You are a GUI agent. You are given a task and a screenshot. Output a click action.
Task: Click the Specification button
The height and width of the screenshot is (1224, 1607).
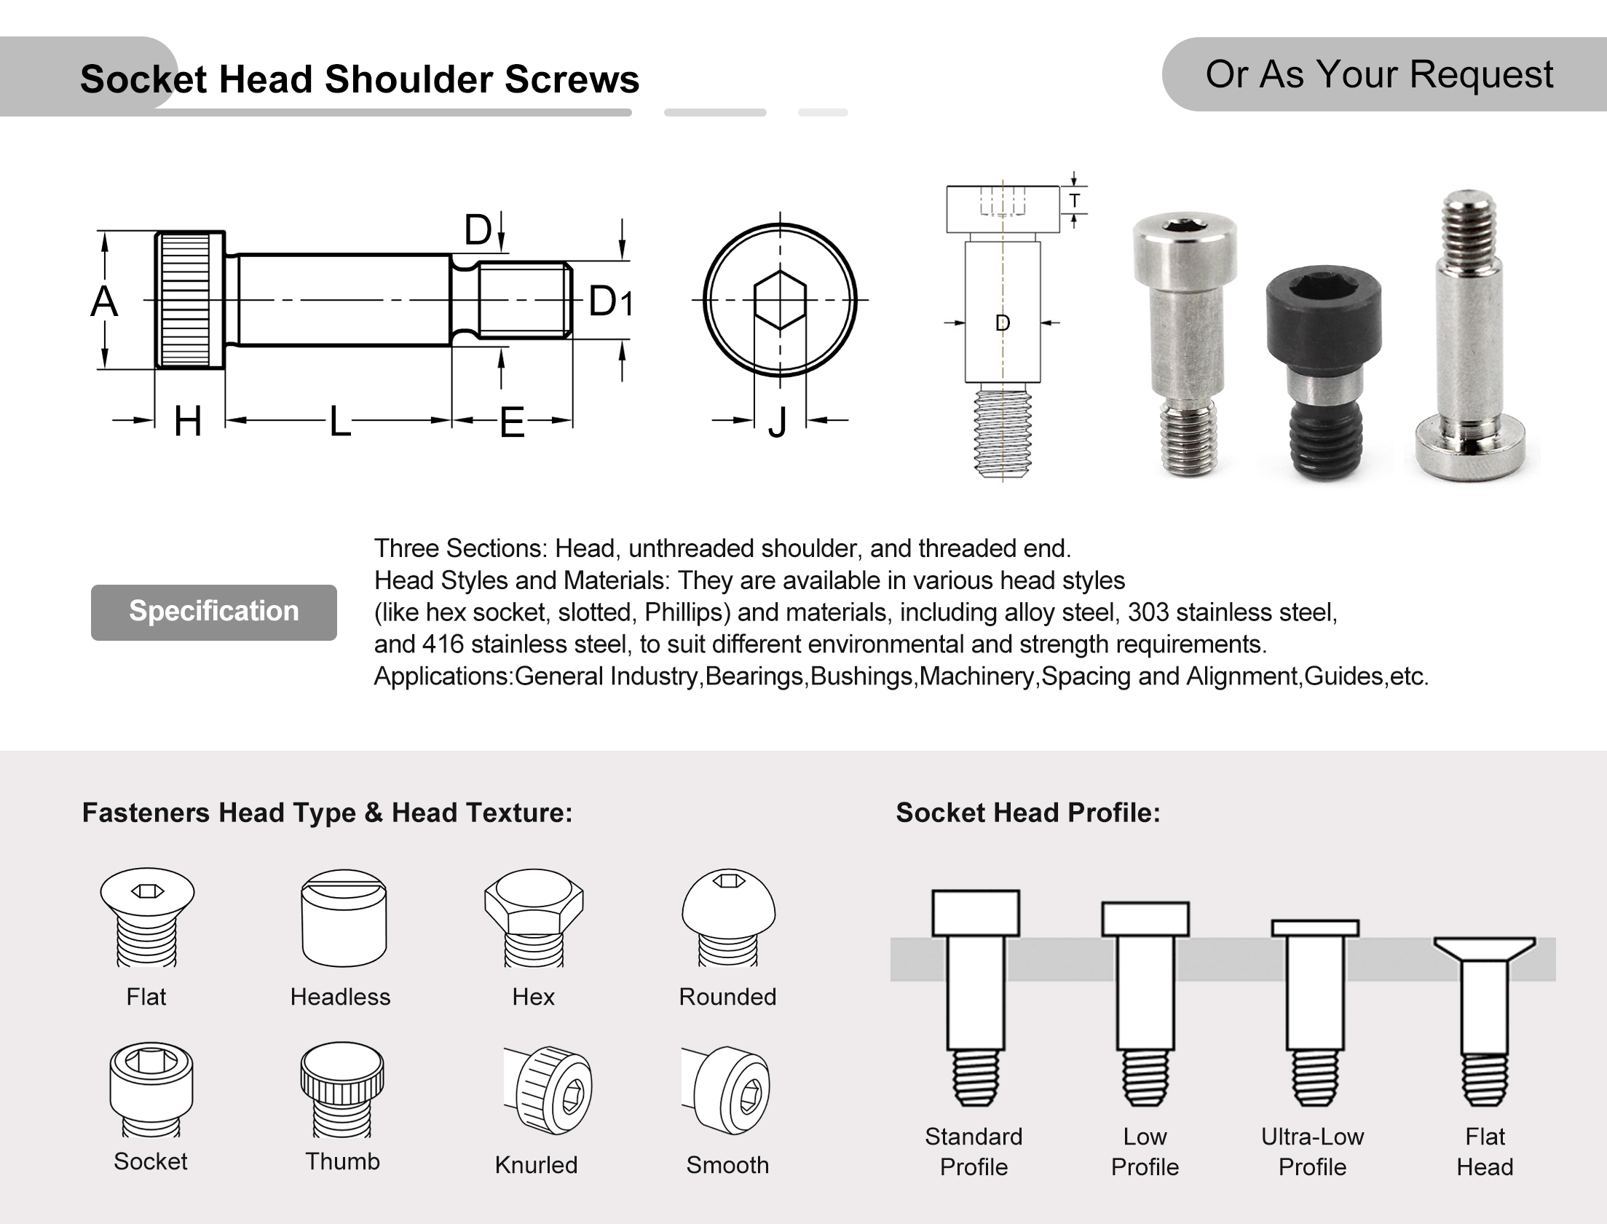[x=213, y=612]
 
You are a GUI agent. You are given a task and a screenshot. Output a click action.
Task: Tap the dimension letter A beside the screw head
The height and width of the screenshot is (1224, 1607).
[x=104, y=301]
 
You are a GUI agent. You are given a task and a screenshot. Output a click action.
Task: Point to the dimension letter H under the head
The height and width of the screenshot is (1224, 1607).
[x=188, y=421]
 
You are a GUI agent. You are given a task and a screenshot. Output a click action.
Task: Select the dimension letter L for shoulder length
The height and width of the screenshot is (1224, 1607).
[x=340, y=421]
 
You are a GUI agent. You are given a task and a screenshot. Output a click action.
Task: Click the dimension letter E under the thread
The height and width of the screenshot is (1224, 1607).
[x=512, y=422]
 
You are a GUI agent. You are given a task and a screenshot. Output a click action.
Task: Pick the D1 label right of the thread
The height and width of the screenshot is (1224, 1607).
[x=610, y=301]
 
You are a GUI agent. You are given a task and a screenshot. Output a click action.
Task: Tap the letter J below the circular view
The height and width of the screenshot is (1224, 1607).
[x=778, y=422]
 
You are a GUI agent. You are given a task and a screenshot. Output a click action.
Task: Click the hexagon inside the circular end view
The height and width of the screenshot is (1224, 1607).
[x=780, y=300]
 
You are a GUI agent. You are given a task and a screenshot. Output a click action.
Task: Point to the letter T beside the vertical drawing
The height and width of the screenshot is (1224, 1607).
[x=1075, y=200]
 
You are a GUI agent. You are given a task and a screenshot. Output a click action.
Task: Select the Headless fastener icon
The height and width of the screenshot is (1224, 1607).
[x=344, y=918]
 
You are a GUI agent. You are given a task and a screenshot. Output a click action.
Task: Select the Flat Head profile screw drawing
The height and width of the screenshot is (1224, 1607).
[x=1485, y=1020]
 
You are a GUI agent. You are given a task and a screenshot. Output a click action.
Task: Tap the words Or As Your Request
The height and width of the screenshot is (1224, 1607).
[x=1379, y=74]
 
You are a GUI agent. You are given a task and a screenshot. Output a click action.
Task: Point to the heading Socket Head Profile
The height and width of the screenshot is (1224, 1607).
[x=1028, y=813]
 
